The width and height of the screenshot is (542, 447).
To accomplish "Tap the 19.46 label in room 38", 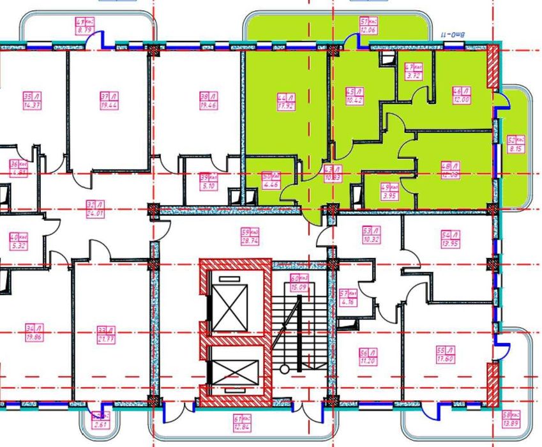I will tap(205, 106).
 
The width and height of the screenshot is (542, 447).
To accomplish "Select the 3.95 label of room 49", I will tap(389, 195).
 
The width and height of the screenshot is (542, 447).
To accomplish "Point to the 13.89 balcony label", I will tap(509, 423).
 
